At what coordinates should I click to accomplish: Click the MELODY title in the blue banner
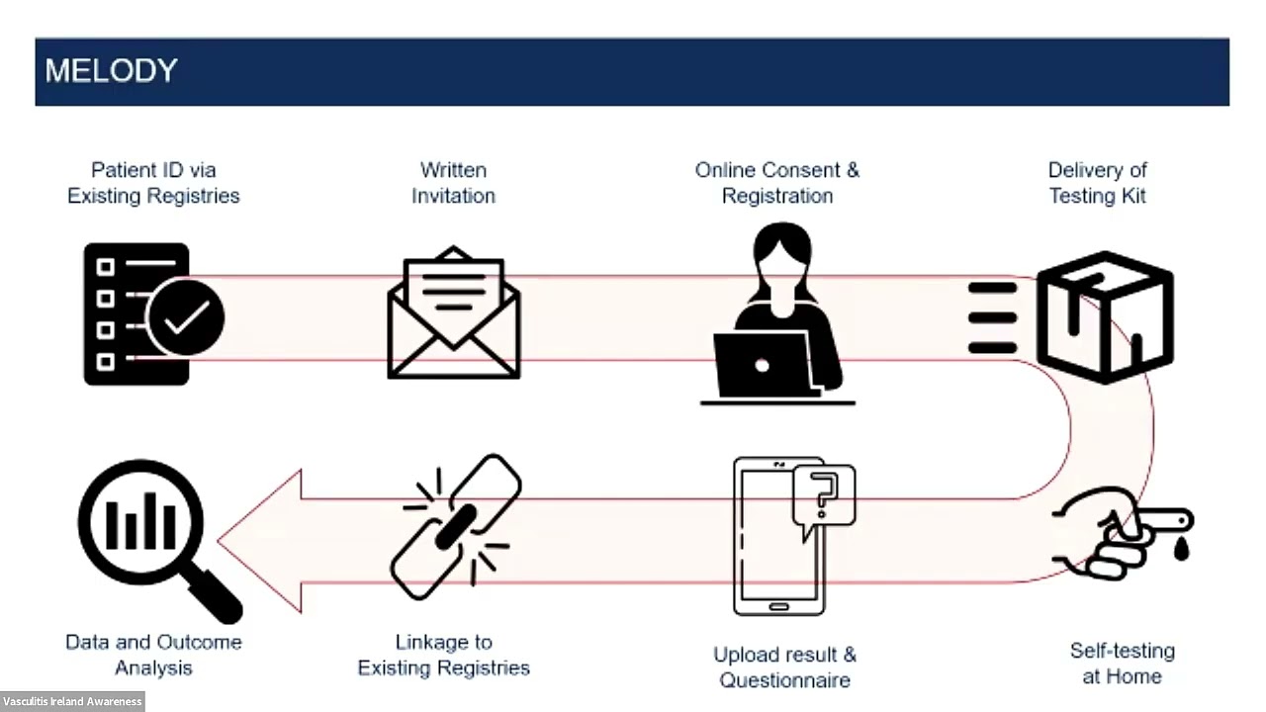(x=112, y=70)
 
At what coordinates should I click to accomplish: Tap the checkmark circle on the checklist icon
(x=185, y=317)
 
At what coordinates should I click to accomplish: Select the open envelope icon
(x=453, y=312)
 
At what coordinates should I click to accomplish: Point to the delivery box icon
(x=1106, y=317)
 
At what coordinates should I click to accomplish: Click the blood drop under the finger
(x=1181, y=548)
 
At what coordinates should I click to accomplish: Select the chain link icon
(x=456, y=527)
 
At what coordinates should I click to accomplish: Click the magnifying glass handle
(x=216, y=595)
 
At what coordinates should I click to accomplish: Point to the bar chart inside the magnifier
(x=140, y=521)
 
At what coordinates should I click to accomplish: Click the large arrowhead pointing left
(x=260, y=541)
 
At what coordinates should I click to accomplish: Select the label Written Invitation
(x=453, y=183)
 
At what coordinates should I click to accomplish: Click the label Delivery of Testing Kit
(x=1098, y=183)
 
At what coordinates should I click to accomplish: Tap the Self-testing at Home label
(x=1123, y=664)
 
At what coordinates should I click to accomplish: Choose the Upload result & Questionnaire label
(x=784, y=667)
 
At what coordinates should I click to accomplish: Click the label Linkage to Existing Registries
(x=444, y=655)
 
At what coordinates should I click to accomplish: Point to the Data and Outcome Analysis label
(x=153, y=655)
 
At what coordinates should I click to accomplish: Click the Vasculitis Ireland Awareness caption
(x=72, y=701)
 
